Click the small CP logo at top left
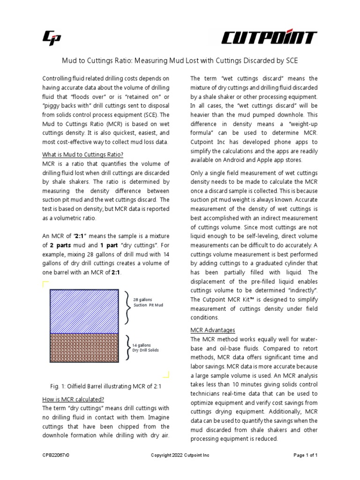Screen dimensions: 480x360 click(x=52, y=38)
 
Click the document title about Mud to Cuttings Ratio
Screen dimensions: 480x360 click(x=180, y=61)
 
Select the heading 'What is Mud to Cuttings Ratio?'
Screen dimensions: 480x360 click(x=82, y=155)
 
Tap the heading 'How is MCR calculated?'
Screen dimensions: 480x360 click(x=74, y=399)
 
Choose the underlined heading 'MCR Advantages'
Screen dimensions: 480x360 click(x=213, y=330)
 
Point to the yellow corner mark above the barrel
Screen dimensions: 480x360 click(x=45, y=283)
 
